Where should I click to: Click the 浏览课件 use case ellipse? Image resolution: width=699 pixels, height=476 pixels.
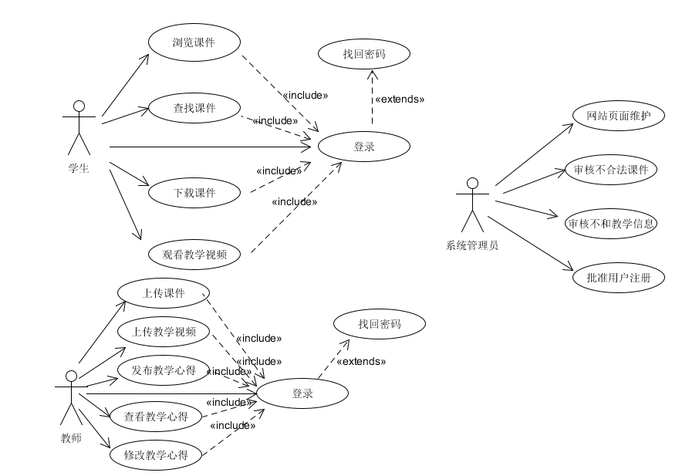pos(193,42)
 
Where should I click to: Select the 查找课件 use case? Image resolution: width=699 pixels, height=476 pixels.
pos(193,108)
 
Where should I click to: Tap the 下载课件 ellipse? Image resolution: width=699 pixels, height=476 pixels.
pos(193,193)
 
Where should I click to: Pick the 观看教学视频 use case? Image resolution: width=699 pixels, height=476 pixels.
pos(194,253)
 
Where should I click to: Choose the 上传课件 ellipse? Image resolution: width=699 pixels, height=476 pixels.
pos(163,292)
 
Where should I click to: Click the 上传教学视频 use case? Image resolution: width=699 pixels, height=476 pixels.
pos(163,332)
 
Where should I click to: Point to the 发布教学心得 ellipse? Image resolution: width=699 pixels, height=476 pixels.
pos(163,370)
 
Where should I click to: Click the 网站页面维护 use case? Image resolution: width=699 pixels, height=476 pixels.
pos(619,116)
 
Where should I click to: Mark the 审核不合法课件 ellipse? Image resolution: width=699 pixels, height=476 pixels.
pos(611,170)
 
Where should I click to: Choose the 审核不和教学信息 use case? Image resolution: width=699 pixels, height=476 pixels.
pos(611,224)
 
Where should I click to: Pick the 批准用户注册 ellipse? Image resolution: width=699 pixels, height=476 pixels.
pos(619,278)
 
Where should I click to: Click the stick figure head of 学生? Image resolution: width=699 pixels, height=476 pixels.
pos(77,106)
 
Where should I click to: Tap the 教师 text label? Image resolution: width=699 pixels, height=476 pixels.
pos(70,439)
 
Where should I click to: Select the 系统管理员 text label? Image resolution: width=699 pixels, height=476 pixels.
pos(472,246)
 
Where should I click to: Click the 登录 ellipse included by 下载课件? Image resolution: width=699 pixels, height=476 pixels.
pos(363,147)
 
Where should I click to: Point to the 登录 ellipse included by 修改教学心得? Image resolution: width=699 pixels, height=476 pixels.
pos(302,393)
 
